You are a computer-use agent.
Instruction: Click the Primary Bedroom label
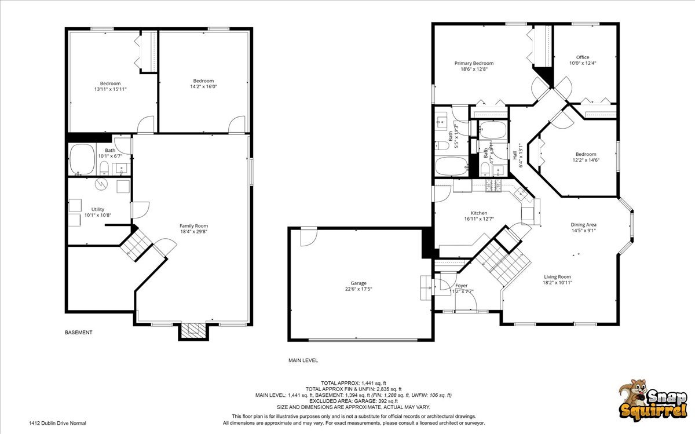(474, 63)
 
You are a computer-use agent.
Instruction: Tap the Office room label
(582, 57)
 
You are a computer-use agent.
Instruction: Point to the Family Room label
(193, 226)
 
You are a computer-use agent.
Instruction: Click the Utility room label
(97, 209)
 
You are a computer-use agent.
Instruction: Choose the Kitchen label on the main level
(478, 213)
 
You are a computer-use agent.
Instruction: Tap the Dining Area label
(583, 225)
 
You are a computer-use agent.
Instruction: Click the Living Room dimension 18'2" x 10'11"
(557, 283)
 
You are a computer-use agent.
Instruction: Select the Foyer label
(462, 286)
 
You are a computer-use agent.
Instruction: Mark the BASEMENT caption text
(78, 333)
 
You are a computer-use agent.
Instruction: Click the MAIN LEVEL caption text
(303, 360)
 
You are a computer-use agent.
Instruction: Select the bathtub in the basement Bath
(82, 159)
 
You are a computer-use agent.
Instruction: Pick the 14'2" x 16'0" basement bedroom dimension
(203, 87)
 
